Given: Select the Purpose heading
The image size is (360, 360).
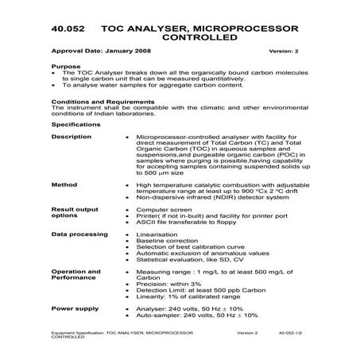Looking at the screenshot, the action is click(x=64, y=67).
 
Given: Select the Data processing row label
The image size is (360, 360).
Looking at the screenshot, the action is click(x=77, y=235).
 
